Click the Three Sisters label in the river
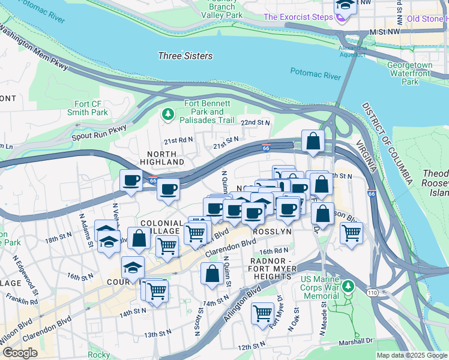coord(185,56)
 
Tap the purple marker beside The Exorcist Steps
coord(341,17)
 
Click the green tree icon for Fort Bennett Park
coord(169,113)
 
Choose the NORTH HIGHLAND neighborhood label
coord(162,158)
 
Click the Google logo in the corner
coord(20,352)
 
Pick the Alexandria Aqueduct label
coord(352,51)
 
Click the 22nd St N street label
coord(256,122)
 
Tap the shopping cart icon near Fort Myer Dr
coord(263,313)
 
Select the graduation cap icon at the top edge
coord(346,5)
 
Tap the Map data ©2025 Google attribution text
coord(412,355)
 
